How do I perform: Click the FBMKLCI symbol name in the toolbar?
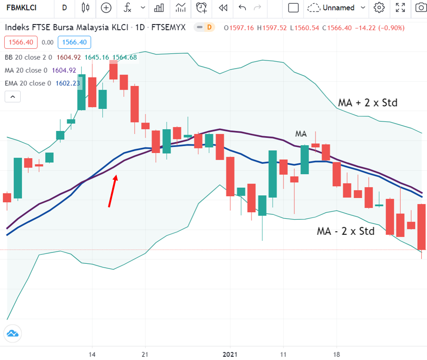pos(22,8)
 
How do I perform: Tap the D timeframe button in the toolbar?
pos(64,8)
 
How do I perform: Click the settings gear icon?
pos(379,8)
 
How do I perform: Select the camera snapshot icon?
pos(421,8)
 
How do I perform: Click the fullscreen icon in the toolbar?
pos(400,8)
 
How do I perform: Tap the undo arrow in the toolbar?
pos(242,8)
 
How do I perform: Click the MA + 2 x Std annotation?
pos(367,102)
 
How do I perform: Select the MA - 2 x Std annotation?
pos(345,231)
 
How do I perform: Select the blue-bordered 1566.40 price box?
pos(75,42)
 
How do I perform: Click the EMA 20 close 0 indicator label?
pos(28,83)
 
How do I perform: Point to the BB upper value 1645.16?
pos(97,57)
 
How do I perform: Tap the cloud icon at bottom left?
pos(12,334)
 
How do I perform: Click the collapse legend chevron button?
pos(13,97)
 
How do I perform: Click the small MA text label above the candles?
pos(301,134)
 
